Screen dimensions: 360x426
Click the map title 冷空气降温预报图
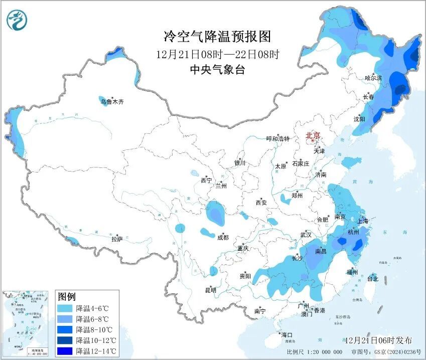[217, 36]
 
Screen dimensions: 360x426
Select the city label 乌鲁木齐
[111, 102]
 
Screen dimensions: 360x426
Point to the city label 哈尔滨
[373, 78]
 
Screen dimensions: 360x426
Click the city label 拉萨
[117, 239]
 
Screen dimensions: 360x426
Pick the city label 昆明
[211, 290]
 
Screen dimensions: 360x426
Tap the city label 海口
[287, 334]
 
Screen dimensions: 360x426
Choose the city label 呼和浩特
[277, 138]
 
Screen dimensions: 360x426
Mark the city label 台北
[373, 278]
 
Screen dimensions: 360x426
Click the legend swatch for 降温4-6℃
[65, 308]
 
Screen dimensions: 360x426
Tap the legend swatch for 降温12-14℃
[65, 350]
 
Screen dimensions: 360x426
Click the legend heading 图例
[67, 297]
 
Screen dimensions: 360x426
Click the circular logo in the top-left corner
[17, 20]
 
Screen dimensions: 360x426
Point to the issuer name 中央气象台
[217, 70]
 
